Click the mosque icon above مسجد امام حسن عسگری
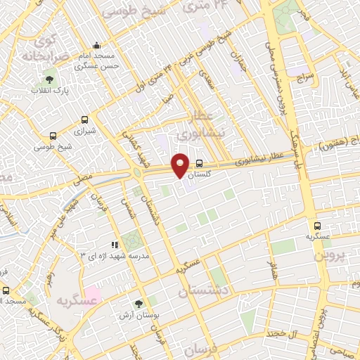[96, 45]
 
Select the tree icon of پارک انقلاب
[49, 79]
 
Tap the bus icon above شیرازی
[85, 120]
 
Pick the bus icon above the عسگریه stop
[317, 226]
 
